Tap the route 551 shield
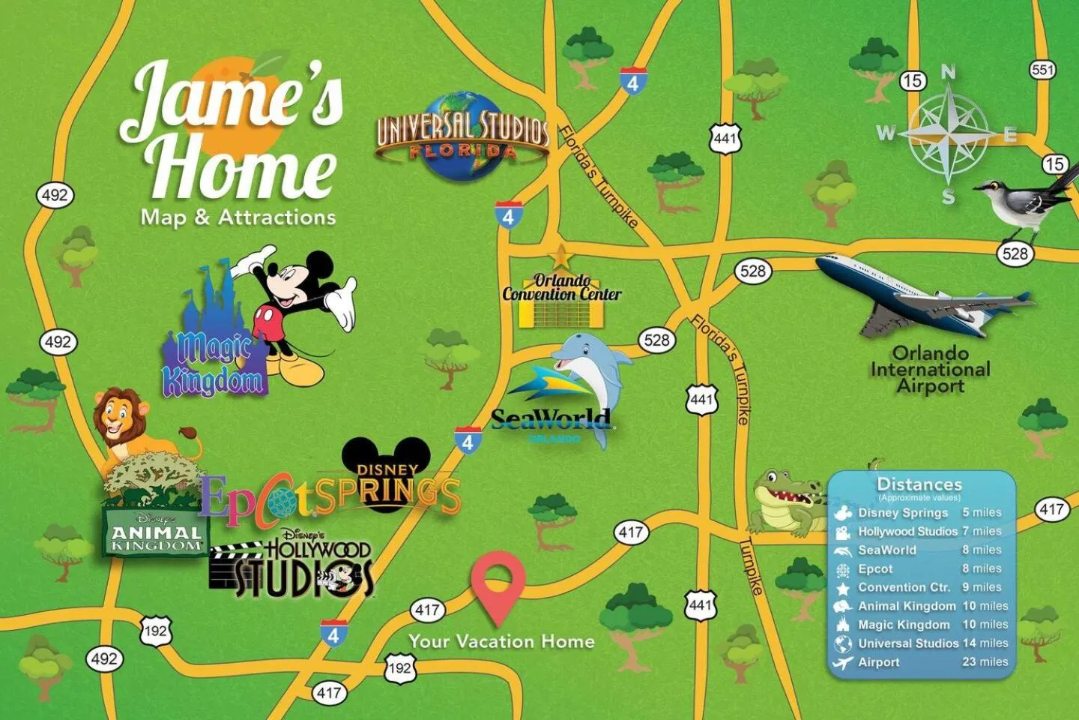1042,70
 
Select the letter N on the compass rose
948,73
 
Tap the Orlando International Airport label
930,370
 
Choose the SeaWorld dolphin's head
581,352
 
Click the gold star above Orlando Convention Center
560,257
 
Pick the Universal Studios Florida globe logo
462,136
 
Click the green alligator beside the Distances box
787,502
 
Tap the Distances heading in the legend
919,484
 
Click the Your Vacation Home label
501,641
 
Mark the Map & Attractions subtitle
238,217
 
